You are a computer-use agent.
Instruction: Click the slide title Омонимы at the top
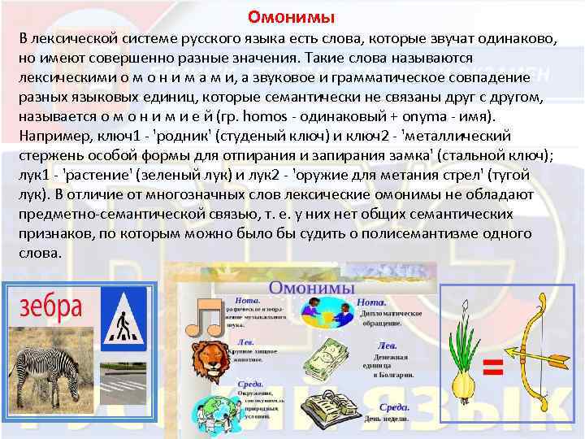(x=291, y=16)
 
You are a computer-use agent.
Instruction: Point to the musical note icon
(x=205, y=318)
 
